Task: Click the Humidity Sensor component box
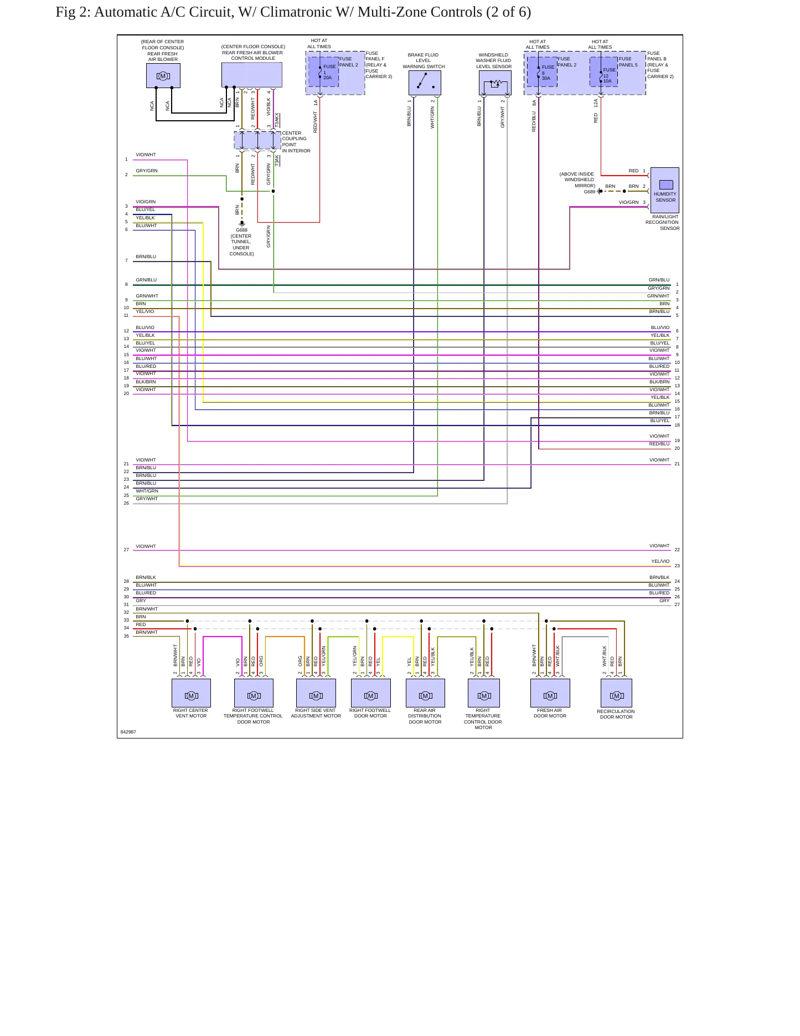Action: (664, 190)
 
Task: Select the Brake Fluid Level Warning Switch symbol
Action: (425, 83)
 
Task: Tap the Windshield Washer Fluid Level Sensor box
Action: (495, 83)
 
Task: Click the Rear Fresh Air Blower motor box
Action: (163, 75)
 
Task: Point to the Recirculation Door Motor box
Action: (616, 693)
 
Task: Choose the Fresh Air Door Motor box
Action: (550, 693)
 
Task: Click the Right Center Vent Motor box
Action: (191, 693)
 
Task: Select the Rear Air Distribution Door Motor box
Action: (425, 693)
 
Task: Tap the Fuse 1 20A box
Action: (324, 72)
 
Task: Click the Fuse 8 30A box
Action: (542, 72)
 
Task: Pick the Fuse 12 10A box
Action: (603, 72)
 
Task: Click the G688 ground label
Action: (241, 230)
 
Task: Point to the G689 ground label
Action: (589, 192)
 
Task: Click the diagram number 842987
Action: (128, 732)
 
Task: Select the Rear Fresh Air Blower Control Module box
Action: (252, 75)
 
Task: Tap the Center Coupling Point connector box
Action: (257, 141)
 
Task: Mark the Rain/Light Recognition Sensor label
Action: (662, 222)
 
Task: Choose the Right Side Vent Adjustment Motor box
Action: (316, 693)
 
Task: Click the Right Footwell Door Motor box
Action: (371, 693)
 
